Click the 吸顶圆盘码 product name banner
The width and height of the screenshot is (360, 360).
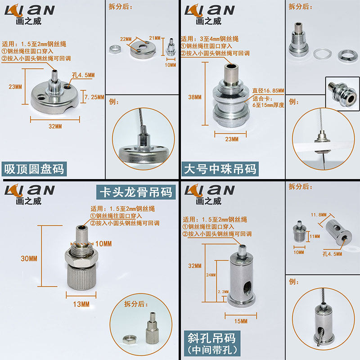(x=34, y=169)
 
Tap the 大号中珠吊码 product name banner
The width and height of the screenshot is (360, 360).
(x=220, y=169)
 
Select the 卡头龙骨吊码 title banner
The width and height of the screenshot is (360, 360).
(x=136, y=192)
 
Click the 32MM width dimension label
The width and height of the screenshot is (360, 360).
(x=55, y=126)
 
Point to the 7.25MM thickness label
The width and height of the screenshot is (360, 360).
(x=94, y=97)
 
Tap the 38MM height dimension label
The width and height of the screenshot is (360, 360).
(x=195, y=97)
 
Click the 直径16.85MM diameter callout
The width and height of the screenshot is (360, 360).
(x=268, y=91)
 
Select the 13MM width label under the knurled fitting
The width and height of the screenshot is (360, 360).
(x=81, y=305)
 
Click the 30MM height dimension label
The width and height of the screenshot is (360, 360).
(x=29, y=258)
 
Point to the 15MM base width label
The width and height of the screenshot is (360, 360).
(x=241, y=321)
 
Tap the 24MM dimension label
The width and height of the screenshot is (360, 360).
(x=211, y=275)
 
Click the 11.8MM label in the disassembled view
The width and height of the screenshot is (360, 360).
(x=319, y=215)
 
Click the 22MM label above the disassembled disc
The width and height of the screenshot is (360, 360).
(x=126, y=39)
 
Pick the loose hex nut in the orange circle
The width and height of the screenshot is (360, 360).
(x=130, y=339)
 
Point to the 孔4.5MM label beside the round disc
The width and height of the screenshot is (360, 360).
(x=83, y=75)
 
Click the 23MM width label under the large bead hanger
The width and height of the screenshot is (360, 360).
(x=232, y=139)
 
